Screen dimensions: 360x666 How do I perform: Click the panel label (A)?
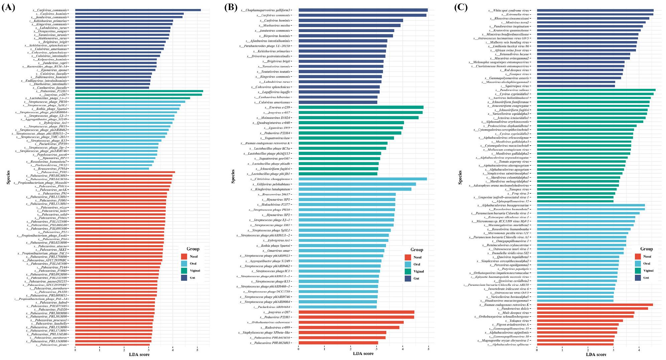[x=8, y=7]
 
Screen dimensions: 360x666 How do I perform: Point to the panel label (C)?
[x=461, y=7]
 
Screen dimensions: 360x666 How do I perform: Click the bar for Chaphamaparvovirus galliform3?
[x=363, y=10]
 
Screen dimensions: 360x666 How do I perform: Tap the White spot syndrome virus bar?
[x=595, y=10]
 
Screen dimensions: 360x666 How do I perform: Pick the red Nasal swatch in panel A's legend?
[x=184, y=256]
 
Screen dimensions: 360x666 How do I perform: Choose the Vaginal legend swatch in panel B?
[x=408, y=271]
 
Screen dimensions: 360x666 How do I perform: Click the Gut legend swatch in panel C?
[x=638, y=278]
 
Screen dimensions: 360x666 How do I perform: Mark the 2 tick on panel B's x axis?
[x=351, y=348]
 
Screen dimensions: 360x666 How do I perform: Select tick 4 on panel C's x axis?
[x=639, y=350]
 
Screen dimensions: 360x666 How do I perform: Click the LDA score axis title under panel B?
[x=363, y=353]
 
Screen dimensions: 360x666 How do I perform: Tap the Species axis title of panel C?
[x=460, y=177]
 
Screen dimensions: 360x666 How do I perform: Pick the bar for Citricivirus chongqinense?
[x=363, y=179]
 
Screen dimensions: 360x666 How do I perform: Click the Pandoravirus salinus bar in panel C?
[x=596, y=90]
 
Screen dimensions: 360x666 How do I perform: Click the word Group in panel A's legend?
[x=193, y=249]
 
